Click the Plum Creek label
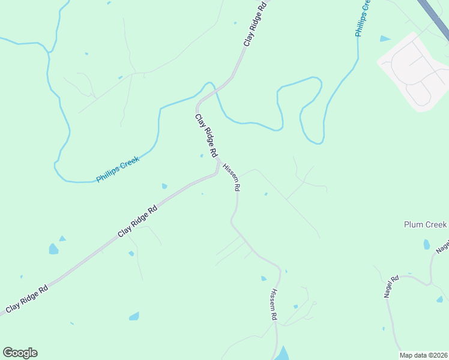(425, 224)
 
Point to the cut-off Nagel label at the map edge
(443, 246)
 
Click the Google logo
(20, 353)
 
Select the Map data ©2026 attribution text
(424, 355)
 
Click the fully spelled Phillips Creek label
(118, 170)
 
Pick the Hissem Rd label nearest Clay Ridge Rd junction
(232, 177)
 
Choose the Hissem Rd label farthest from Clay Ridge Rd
(273, 304)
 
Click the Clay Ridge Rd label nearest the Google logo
(27, 299)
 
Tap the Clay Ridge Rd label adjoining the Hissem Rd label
(206, 136)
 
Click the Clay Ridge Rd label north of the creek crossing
(254, 25)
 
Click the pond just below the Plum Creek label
(426, 244)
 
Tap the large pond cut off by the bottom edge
(281, 354)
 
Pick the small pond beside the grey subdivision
(384, 39)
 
